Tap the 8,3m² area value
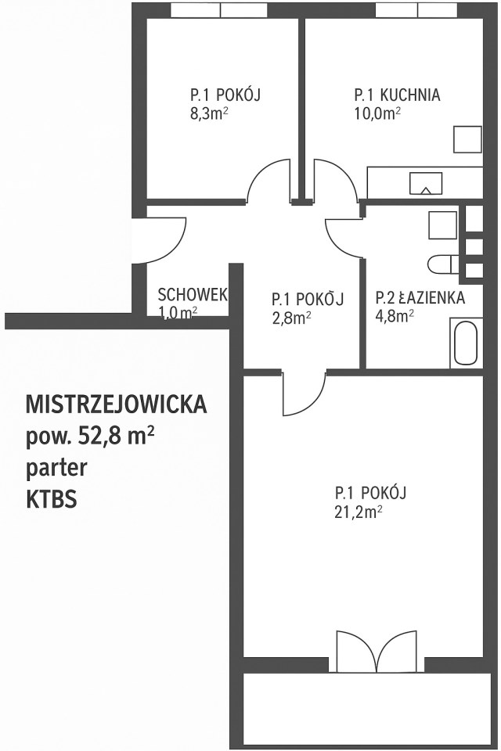tap(208, 114)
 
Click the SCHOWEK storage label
tap(193, 294)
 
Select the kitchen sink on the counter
tap(425, 183)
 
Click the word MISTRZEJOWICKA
tap(117, 404)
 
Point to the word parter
tap(56, 469)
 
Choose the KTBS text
tap(52, 500)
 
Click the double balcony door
tap(377, 652)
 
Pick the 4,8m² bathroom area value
tap(395, 317)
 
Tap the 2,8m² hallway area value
tap(291, 318)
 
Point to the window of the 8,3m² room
tap(220, 10)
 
